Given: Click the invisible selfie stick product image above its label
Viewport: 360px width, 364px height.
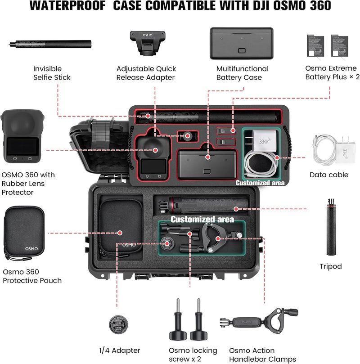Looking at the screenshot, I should tap(50, 44).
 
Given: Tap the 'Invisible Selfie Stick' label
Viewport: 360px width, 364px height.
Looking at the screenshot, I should tap(52, 73).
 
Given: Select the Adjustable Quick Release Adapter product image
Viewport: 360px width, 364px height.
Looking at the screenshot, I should tap(145, 43).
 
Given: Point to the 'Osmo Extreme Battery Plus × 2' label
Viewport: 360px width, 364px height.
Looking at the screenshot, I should tap(332, 73).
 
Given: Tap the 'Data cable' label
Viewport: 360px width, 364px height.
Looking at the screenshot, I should tap(328, 175).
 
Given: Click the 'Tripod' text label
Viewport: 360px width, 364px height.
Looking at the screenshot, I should tap(330, 266).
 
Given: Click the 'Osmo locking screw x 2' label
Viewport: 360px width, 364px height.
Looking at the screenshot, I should tap(193, 355).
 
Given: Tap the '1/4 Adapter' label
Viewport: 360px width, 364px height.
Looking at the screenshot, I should tap(119, 351).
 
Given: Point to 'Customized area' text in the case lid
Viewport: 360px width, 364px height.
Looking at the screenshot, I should tap(260, 183).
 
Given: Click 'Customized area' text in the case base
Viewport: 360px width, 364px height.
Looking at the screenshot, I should tap(202, 219).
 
